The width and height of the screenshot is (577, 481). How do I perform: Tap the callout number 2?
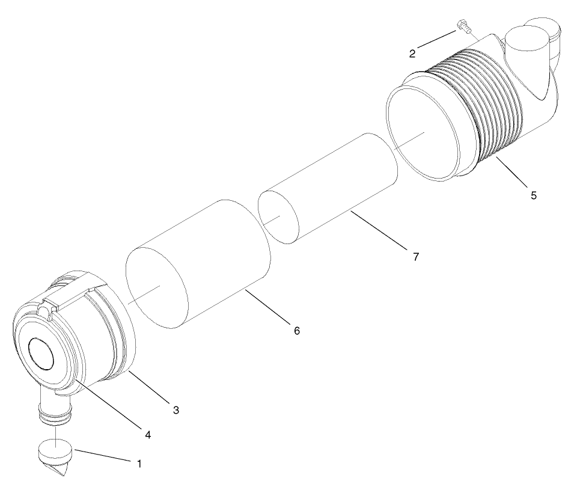point(412,54)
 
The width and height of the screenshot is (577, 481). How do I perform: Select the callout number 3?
point(176,411)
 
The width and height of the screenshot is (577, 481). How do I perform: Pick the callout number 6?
point(296,330)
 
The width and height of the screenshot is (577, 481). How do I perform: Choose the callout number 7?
point(415,256)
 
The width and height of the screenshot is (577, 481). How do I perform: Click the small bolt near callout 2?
point(463,26)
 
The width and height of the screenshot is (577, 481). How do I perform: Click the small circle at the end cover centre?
point(42,352)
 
